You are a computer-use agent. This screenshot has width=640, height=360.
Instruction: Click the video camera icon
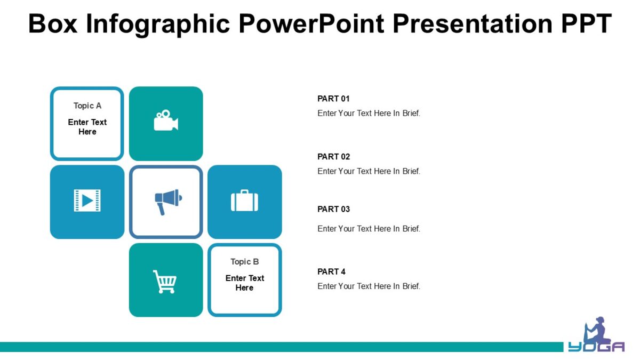[x=166, y=121]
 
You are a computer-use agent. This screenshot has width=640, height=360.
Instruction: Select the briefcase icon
[x=244, y=201]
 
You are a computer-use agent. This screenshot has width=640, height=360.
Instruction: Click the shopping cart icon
[x=165, y=281]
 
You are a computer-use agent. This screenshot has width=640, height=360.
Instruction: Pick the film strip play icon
[x=87, y=201]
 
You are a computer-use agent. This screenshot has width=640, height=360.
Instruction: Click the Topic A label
[x=87, y=106]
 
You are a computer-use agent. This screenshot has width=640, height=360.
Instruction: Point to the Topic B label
[x=244, y=261]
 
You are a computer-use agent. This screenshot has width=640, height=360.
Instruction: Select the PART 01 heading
[x=333, y=99]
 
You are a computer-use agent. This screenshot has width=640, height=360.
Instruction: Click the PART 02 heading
[x=333, y=157]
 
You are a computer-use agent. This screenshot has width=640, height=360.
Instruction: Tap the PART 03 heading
[x=333, y=209]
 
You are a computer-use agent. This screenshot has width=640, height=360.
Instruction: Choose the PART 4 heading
[x=331, y=271]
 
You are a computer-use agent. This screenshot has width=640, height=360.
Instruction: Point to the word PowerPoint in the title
[x=315, y=24]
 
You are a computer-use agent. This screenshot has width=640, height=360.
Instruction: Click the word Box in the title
[x=52, y=24]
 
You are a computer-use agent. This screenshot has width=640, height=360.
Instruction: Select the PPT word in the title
[x=586, y=24]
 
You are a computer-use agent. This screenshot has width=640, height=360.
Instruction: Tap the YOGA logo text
[x=596, y=347]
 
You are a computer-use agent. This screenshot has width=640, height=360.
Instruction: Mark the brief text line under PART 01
[x=369, y=113]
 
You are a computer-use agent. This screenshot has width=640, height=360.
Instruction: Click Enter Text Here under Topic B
[x=244, y=283]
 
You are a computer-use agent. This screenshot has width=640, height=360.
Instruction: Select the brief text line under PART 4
[x=369, y=286]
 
